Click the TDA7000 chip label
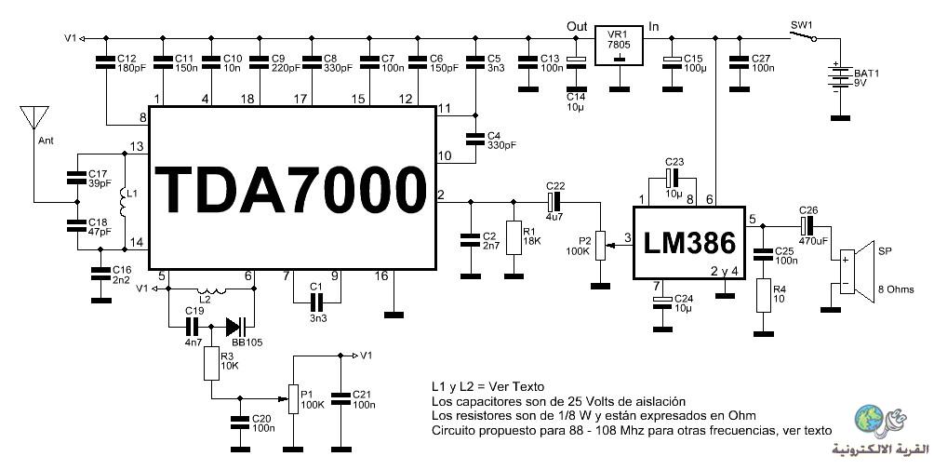(x=290, y=189)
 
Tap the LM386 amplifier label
(x=689, y=243)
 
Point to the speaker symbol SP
(x=856, y=271)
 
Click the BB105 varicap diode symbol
(x=236, y=327)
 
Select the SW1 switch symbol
(x=803, y=36)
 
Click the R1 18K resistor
(x=514, y=237)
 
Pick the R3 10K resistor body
(x=211, y=363)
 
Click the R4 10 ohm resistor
(x=764, y=295)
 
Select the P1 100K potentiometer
(x=293, y=398)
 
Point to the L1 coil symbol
(x=124, y=203)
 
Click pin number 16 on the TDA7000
(x=381, y=275)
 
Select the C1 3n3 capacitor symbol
(x=316, y=302)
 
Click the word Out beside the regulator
(x=577, y=26)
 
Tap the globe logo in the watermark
(x=869, y=419)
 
